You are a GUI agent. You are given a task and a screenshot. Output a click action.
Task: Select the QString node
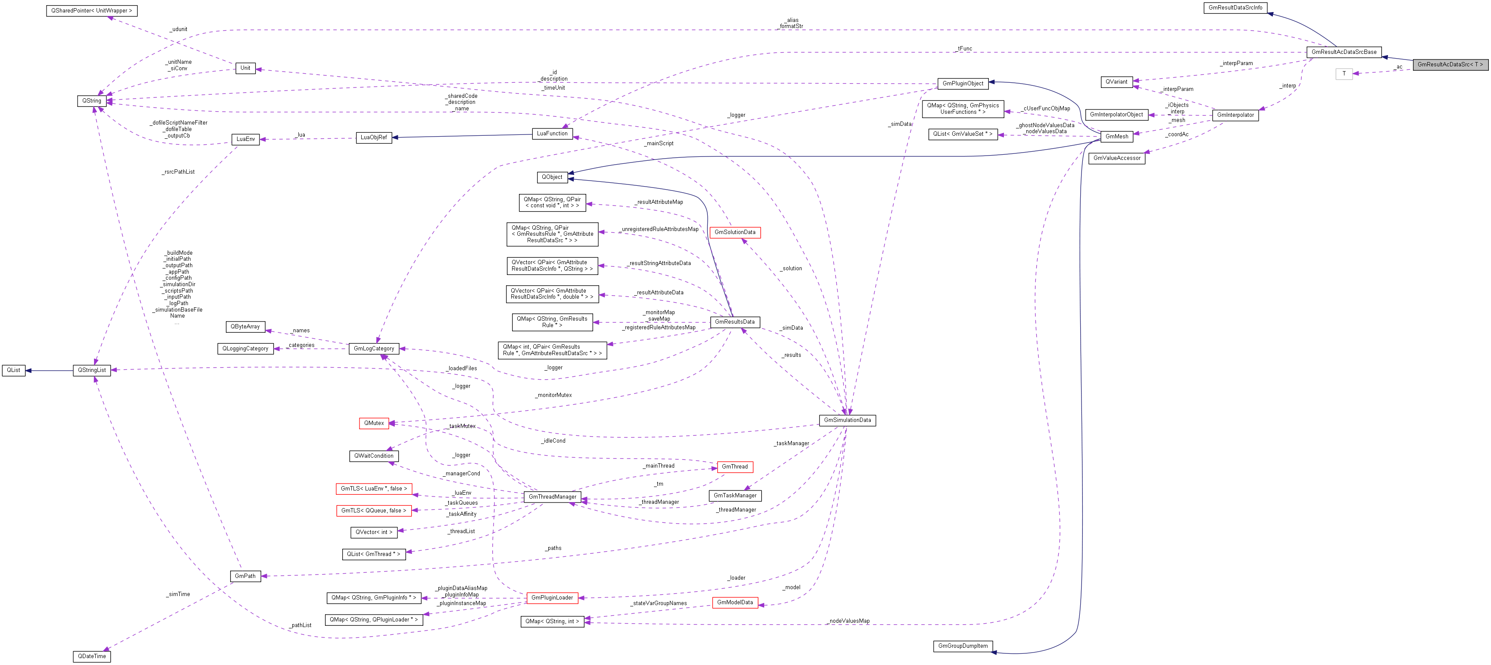[x=91, y=101]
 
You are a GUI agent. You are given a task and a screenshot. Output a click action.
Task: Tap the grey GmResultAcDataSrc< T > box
[x=1450, y=64]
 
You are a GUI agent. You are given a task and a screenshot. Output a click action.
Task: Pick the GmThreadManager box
[x=552, y=496]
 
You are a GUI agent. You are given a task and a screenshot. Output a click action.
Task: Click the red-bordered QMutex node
[x=374, y=423]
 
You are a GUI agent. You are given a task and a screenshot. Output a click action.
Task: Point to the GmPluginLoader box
[x=552, y=597]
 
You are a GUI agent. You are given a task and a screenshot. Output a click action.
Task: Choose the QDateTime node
[x=92, y=656]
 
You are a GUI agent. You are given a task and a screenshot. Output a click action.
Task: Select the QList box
[x=13, y=370]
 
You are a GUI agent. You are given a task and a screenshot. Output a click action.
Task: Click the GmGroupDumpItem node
[x=963, y=646]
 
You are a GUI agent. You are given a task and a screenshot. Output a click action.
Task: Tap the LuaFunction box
[x=552, y=134]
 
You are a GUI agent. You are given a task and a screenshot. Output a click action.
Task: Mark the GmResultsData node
[x=735, y=322]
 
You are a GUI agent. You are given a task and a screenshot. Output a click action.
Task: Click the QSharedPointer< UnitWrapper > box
[x=91, y=10]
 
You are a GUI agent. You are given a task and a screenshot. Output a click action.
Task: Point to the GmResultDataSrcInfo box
[x=1235, y=7]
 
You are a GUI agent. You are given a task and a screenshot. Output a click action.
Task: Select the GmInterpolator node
[x=1235, y=115]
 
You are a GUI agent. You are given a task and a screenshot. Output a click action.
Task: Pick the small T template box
[x=1344, y=74]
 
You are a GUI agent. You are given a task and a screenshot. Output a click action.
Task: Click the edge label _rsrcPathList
[x=178, y=172]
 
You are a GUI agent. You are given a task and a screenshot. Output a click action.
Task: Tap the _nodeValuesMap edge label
[x=849, y=621]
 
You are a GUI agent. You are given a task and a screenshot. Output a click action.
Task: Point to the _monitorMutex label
[x=554, y=395]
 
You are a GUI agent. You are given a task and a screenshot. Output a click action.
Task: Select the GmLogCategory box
[x=373, y=348]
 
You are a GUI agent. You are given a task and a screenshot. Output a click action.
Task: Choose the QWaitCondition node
[x=373, y=456]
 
